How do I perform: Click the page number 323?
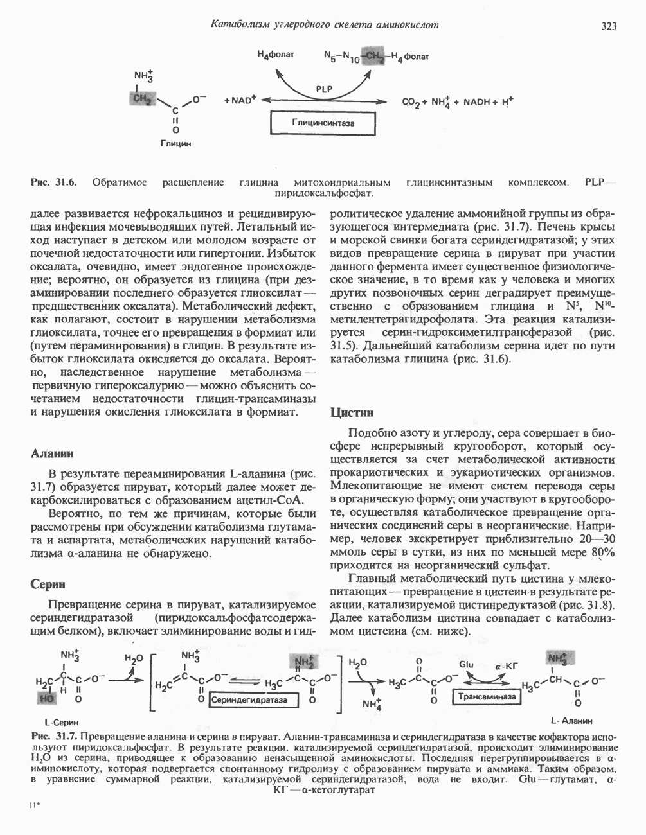[x=609, y=26]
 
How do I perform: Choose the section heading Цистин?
[x=352, y=412]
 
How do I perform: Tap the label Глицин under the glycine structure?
[x=175, y=144]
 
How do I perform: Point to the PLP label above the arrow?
[x=325, y=89]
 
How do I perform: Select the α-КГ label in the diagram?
[x=507, y=666]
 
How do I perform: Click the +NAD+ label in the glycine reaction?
[x=240, y=100]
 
